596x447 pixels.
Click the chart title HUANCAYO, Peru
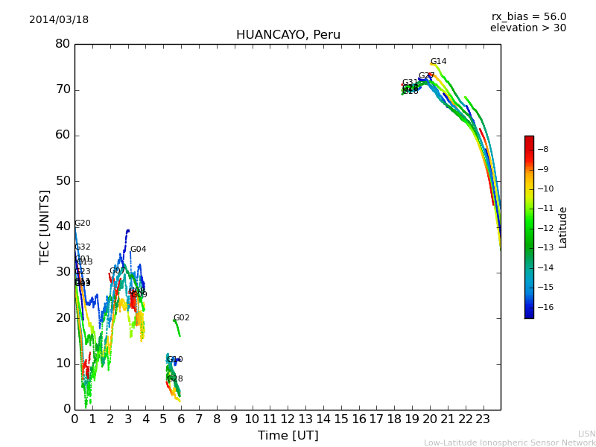288,35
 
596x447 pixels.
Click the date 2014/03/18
59,20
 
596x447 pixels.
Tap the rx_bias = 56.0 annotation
528,17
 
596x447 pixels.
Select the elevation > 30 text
527,28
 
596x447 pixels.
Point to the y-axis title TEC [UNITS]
45,226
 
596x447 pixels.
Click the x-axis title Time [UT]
288,436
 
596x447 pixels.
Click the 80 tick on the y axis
62,44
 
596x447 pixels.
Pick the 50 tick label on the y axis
62,181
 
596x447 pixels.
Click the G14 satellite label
438,62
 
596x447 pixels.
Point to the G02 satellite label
181,318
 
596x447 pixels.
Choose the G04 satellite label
138,250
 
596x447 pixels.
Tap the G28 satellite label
174,379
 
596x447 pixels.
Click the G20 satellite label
82,223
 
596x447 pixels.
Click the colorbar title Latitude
563,227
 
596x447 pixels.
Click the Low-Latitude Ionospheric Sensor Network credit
510,443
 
